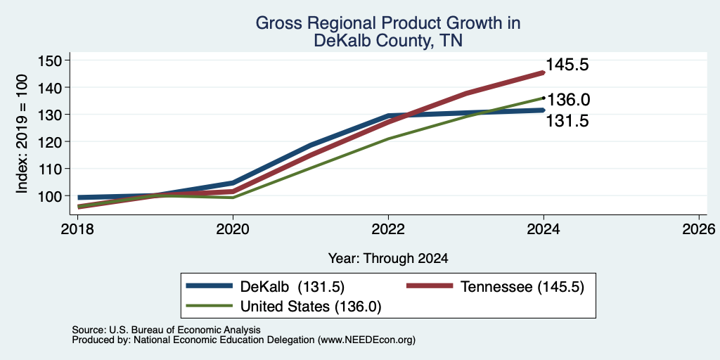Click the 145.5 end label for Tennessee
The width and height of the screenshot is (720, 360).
click(x=567, y=65)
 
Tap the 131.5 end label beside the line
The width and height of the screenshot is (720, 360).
click(x=567, y=121)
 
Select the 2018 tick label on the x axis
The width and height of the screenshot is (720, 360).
click(x=77, y=229)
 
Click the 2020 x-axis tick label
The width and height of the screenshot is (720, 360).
click(x=233, y=229)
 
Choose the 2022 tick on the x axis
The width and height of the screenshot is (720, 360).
click(x=388, y=229)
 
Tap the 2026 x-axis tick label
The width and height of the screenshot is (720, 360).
click(x=699, y=229)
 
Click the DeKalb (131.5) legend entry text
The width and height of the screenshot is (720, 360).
click(x=292, y=287)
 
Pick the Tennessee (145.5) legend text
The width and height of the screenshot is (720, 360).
click(x=522, y=287)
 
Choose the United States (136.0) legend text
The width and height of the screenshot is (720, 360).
click(x=311, y=307)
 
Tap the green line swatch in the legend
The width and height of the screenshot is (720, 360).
click(x=210, y=305)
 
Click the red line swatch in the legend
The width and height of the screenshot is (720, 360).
click(x=430, y=286)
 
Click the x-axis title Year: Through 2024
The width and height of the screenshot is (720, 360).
click(x=388, y=259)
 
